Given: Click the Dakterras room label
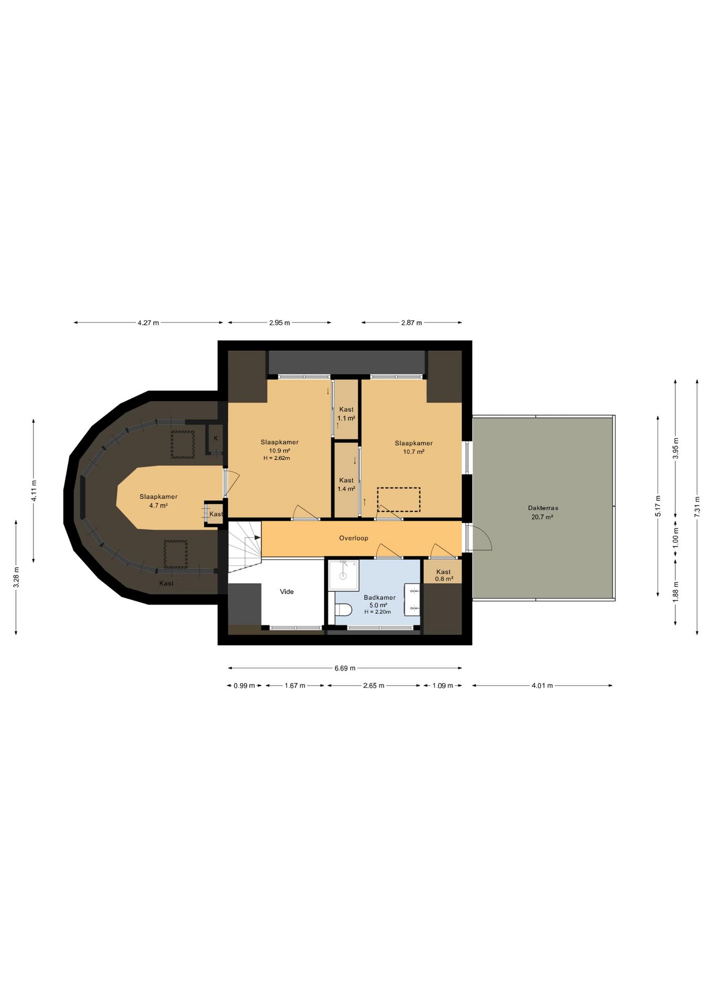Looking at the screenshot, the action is click(543, 508).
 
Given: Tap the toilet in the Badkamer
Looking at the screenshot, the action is click(343, 610).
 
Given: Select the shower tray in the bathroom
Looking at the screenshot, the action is click(343, 576).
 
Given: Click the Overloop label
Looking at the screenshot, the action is click(353, 538).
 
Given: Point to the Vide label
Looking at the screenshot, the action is click(287, 592).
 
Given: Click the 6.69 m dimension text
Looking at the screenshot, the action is click(345, 668).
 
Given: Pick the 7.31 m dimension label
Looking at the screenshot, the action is click(697, 507).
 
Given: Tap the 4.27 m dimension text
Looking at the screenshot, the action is click(148, 323).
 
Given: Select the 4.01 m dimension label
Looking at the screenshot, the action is click(542, 686).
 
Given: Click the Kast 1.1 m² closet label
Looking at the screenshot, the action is click(346, 414).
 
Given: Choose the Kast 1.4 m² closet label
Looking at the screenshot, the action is click(346, 485).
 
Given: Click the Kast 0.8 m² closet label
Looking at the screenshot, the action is click(444, 575).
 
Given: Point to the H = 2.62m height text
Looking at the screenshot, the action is click(277, 458).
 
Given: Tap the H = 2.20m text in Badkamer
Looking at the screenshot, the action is click(378, 612).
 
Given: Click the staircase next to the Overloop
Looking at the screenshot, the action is click(245, 547).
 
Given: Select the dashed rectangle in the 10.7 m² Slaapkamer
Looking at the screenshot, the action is click(399, 500).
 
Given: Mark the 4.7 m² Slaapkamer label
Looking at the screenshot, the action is click(158, 501).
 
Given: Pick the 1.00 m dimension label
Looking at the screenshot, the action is click(676, 538).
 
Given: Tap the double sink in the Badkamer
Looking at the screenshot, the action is click(412, 599).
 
